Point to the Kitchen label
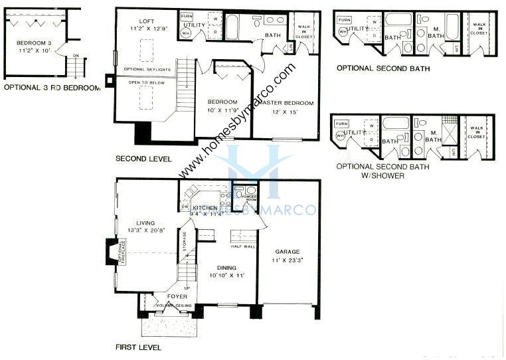[206, 208]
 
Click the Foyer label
[177, 296]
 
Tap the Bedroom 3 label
[33, 43]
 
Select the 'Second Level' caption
[143, 159]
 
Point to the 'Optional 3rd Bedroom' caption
[52, 88]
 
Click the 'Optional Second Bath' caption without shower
[382, 68]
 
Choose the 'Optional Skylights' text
[147, 69]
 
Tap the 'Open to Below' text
[145, 84]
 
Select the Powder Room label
[250, 197]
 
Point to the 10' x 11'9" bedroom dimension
[222, 110]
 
